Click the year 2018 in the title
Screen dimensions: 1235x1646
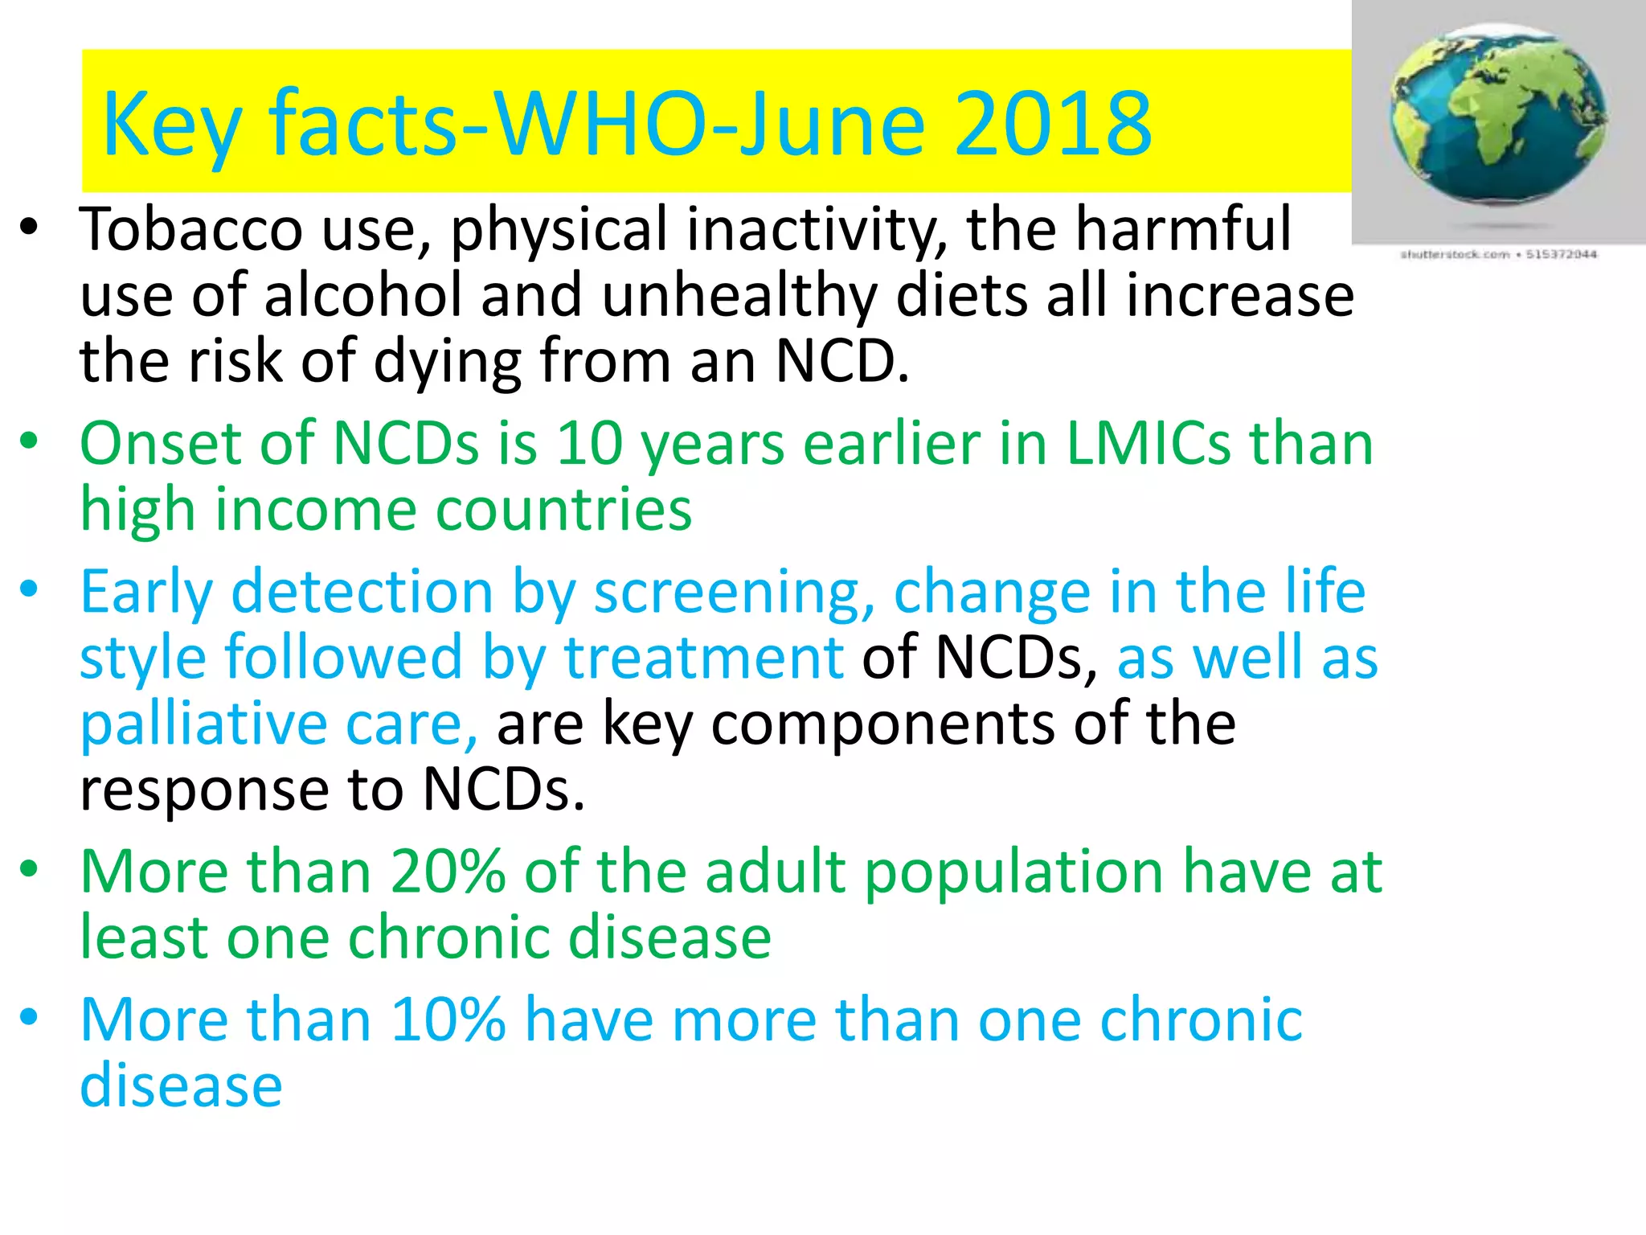[1053, 125]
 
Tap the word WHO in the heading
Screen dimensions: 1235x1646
[598, 125]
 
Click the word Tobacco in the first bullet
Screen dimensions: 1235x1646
[191, 230]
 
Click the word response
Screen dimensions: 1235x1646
[205, 791]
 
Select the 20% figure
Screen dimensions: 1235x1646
[448, 872]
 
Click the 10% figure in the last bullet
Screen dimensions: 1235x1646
[448, 1020]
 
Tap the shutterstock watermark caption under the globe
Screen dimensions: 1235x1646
[1499, 254]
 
